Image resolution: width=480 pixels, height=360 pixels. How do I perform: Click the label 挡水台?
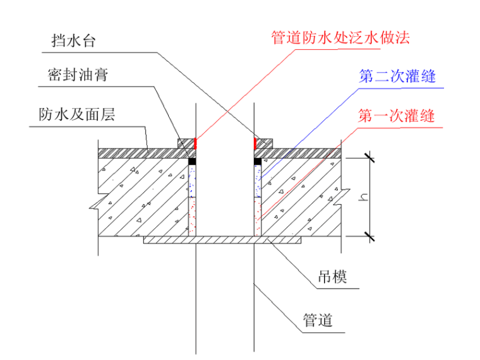pyautogui.click(x=73, y=40)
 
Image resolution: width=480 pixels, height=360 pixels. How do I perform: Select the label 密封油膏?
pyautogui.click(x=78, y=75)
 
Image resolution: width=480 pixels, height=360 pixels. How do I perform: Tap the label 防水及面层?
pyautogui.click(x=77, y=114)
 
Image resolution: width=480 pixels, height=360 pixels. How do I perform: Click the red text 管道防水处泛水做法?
pyautogui.click(x=340, y=38)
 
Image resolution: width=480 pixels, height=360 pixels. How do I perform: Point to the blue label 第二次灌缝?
pyautogui.click(x=397, y=76)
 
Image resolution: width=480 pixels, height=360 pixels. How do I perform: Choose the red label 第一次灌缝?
pyautogui.click(x=397, y=116)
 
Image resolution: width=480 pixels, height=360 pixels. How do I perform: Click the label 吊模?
pyautogui.click(x=332, y=277)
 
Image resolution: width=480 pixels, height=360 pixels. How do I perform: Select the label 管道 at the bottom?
pyautogui.click(x=318, y=320)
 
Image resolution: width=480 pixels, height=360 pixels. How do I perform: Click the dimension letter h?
pyautogui.click(x=363, y=197)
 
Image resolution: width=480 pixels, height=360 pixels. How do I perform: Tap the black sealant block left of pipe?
pyautogui.click(x=192, y=161)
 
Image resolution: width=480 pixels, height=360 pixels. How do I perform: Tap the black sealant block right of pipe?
pyautogui.click(x=258, y=161)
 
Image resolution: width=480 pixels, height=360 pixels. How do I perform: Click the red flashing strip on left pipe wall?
pyautogui.click(x=195, y=143)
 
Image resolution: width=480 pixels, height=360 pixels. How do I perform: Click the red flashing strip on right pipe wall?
pyautogui.click(x=255, y=143)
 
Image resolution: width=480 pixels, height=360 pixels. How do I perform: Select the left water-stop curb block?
pyautogui.click(x=186, y=144)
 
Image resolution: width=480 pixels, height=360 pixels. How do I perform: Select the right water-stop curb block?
pyautogui.click(x=264, y=144)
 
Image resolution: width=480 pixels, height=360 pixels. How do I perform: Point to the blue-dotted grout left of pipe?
pyautogui.click(x=192, y=181)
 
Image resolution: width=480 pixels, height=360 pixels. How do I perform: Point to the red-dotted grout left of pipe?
pyautogui.click(x=192, y=217)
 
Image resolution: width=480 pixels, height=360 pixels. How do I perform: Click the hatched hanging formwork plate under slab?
pyautogui.click(x=222, y=240)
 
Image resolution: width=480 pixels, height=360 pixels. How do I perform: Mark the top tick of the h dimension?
pyautogui.click(x=370, y=159)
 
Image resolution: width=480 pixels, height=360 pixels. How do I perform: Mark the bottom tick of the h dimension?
pyautogui.click(x=370, y=236)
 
